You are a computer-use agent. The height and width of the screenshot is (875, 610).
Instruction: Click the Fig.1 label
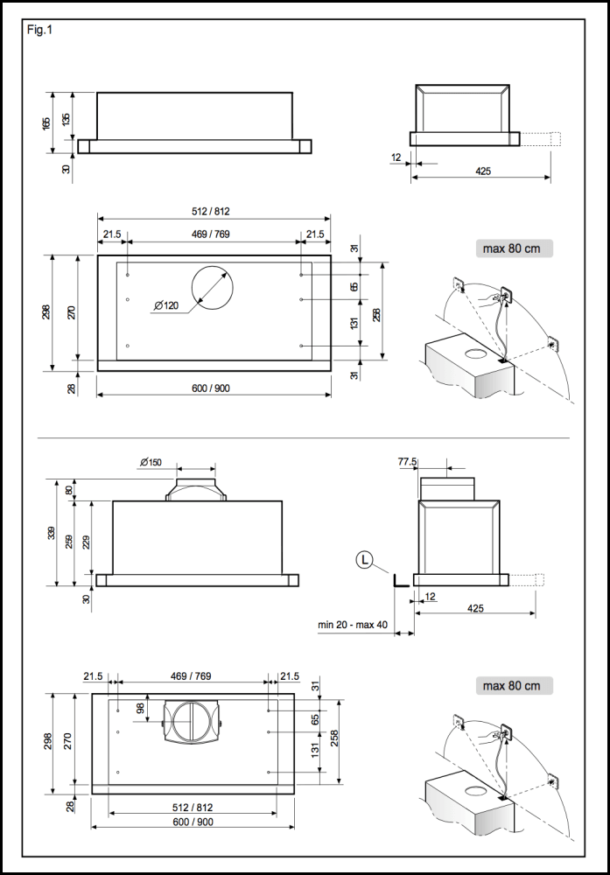pos(39,29)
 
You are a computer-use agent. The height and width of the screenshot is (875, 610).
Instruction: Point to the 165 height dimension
pos(46,122)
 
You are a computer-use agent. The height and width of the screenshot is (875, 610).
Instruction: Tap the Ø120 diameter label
pos(165,305)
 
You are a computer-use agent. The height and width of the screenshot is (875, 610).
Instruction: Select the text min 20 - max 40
pos(354,626)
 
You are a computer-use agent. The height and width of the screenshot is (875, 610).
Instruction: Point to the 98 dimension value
pos(140,709)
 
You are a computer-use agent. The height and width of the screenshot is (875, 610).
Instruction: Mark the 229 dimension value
pos(86,542)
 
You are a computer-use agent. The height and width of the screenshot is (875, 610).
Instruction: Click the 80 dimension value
pos(69,490)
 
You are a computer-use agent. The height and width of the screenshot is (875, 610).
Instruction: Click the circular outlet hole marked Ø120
pos(212,285)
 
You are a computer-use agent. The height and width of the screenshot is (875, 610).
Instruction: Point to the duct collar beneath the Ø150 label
pos(197,488)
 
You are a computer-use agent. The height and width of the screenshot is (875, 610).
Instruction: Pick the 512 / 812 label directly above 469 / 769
pos(210,212)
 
